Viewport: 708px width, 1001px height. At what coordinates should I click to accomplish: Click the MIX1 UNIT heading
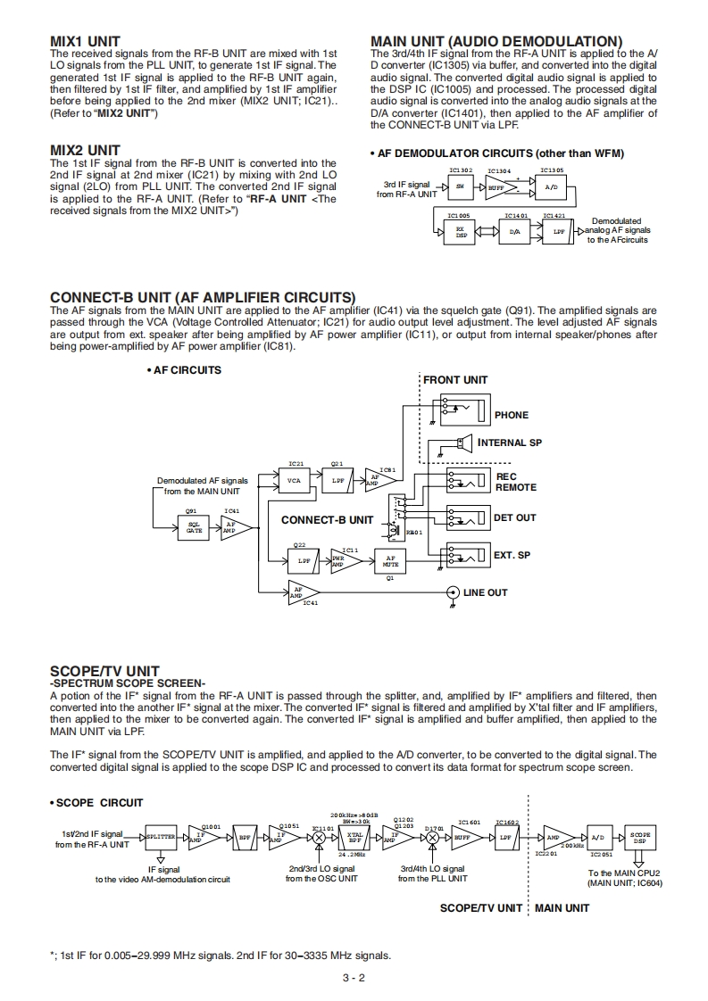click(x=85, y=42)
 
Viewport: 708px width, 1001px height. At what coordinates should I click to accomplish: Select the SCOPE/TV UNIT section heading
click(x=104, y=671)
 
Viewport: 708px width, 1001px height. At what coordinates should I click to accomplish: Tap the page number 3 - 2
click(x=354, y=978)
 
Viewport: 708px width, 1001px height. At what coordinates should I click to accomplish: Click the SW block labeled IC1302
click(x=460, y=187)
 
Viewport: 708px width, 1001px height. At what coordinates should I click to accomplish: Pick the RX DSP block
click(x=460, y=231)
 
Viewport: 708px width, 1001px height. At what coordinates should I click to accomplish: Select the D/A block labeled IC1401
click(x=514, y=231)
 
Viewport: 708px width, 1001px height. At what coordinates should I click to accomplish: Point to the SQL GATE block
click(x=194, y=527)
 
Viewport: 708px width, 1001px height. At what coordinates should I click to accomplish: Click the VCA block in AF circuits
click(x=294, y=481)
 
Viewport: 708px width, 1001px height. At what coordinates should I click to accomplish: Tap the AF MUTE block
click(x=390, y=561)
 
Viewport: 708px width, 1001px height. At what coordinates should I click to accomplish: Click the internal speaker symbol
click(x=464, y=443)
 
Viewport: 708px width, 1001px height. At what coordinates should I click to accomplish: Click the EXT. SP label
click(x=512, y=555)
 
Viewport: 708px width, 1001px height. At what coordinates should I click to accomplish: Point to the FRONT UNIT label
click(x=455, y=380)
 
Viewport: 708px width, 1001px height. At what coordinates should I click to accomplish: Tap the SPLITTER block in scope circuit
click(x=160, y=838)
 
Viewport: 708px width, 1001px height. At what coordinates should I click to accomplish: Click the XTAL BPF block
click(x=354, y=838)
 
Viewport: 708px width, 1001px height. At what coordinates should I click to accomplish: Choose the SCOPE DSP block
click(x=639, y=838)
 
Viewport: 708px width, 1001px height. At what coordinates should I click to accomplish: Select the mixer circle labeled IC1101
click(x=319, y=839)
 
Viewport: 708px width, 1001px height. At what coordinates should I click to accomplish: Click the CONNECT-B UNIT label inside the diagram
click(x=328, y=519)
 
